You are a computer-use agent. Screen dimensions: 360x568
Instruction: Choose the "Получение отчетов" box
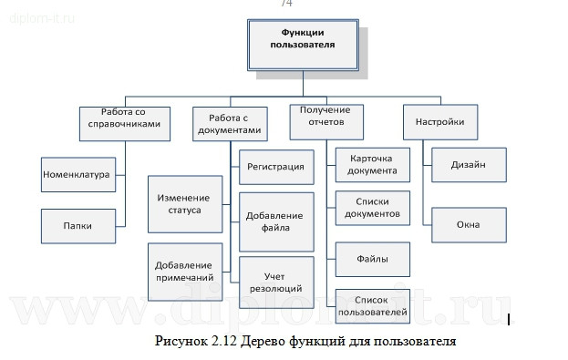(x=325, y=117)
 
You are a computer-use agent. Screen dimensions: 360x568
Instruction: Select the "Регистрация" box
(x=275, y=167)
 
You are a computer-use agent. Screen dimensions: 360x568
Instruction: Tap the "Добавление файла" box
(x=275, y=221)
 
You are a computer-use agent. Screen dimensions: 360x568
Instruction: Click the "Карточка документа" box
(x=372, y=164)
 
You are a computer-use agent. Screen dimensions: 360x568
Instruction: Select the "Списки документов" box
(x=372, y=209)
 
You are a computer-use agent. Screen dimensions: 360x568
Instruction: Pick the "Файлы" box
(x=372, y=259)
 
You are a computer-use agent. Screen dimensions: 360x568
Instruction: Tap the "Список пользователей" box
(x=372, y=307)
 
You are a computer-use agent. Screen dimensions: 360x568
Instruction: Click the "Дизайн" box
(x=468, y=165)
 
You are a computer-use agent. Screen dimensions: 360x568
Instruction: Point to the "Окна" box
(x=468, y=225)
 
